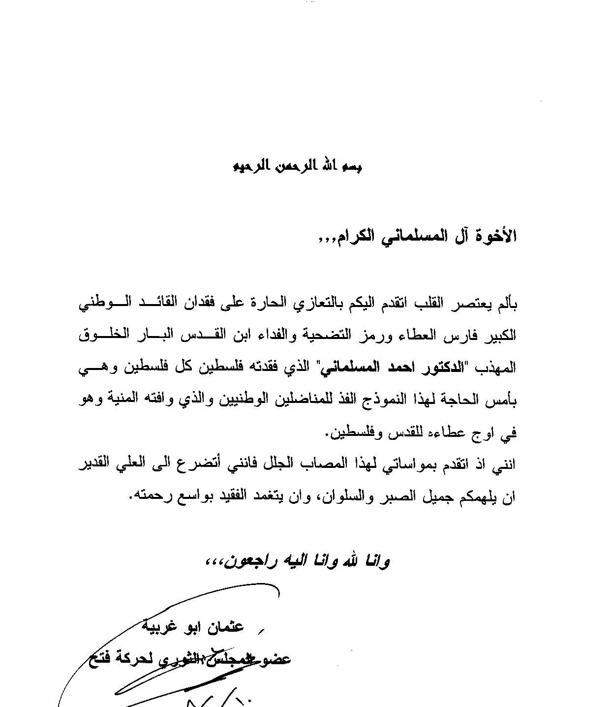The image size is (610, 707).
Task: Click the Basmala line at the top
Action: pos(297,166)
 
